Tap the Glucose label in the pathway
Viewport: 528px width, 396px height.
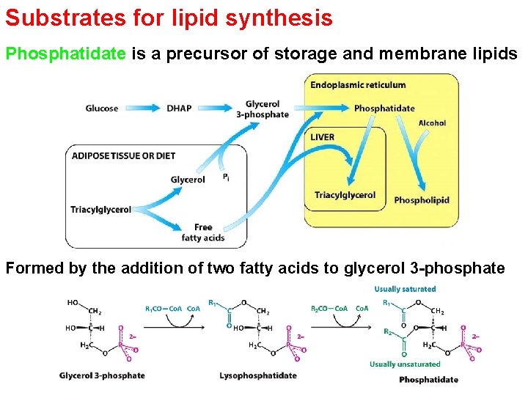102,109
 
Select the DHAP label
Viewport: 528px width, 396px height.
179,109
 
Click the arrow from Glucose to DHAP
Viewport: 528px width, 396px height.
141,109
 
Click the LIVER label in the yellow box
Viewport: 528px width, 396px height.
323,137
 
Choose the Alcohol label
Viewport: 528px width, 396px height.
432,123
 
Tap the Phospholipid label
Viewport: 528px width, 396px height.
422,200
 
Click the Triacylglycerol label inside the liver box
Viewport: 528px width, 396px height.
345,195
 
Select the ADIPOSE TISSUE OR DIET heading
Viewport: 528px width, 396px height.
124,155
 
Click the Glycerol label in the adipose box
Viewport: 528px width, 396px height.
188,180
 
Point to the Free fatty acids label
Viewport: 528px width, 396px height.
203,232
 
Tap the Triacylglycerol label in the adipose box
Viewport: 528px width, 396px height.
100,209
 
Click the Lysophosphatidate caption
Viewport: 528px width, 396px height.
258,376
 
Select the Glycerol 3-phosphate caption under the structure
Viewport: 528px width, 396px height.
102,376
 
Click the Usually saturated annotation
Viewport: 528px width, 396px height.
405,289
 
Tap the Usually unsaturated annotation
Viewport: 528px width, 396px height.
405,364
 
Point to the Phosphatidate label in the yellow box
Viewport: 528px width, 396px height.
384,109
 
